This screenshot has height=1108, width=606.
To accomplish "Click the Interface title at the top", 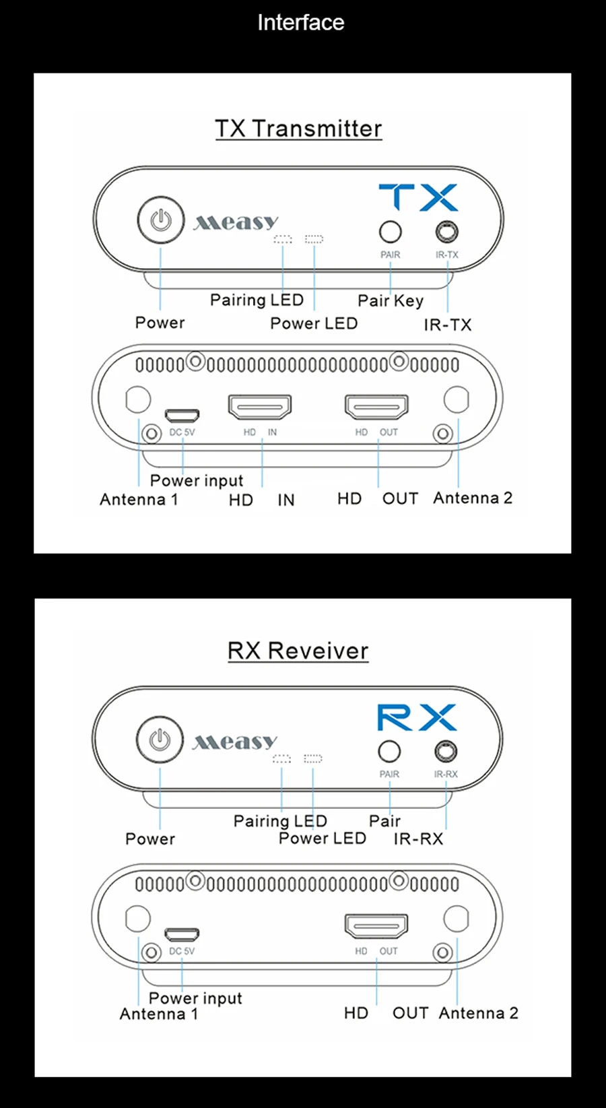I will coord(300,22).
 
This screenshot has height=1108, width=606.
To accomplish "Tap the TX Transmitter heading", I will coord(298,129).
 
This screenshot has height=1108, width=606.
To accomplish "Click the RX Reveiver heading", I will coord(298,651).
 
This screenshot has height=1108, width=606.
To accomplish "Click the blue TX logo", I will coord(417,197).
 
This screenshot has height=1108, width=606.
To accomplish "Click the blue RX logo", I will coord(416,717).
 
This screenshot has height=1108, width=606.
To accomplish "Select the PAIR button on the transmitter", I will coord(391,232).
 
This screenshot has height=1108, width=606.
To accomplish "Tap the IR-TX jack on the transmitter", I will coord(446,232).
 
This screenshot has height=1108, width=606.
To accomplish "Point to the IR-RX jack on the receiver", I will coord(446,750).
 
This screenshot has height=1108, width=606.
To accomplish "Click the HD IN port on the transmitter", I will coord(260,407).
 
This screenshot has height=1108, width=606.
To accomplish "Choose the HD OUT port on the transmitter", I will coord(376,407).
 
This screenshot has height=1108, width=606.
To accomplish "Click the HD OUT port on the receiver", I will coord(376,926).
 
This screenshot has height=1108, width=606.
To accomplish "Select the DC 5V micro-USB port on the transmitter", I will coord(182,414).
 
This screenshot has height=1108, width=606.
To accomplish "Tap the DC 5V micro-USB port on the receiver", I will coord(182,934).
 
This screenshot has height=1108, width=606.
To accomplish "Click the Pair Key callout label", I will coord(391,300).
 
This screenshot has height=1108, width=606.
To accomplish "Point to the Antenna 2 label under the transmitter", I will coord(473,498).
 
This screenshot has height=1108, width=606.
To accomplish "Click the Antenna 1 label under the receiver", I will coord(159,1014).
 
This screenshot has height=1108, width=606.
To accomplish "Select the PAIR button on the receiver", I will coord(389,751).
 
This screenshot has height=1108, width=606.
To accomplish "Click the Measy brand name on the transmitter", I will coord(236,222).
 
